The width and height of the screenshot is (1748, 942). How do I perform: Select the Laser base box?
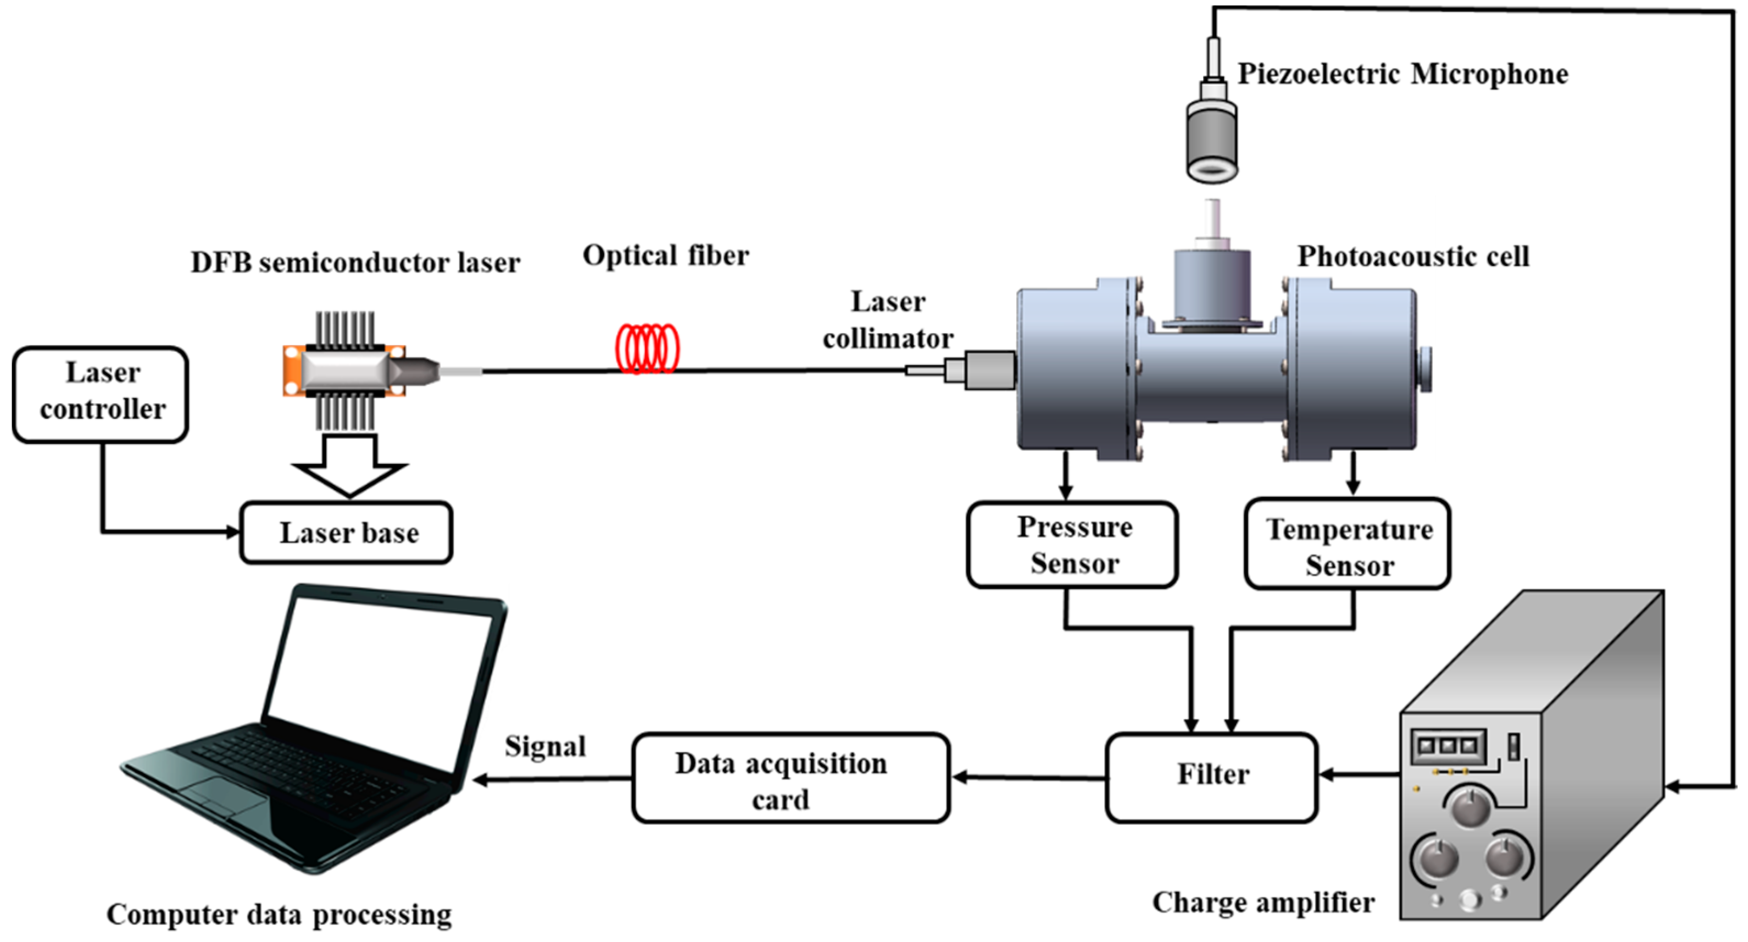346,533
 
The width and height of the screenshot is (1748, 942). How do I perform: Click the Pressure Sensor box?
1072,544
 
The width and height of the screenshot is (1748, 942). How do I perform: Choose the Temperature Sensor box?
1348,544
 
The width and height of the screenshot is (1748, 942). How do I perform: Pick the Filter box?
1212,777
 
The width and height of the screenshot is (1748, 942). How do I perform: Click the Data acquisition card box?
791,778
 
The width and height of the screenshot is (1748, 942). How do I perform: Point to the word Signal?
545,746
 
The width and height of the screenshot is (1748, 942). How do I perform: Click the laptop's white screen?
380,685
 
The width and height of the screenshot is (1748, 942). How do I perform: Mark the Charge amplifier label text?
1263,902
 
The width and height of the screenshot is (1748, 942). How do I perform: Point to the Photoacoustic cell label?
1413,257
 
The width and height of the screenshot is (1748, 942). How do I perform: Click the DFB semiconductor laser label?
355,262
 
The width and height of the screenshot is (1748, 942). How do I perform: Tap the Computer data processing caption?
279,913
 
